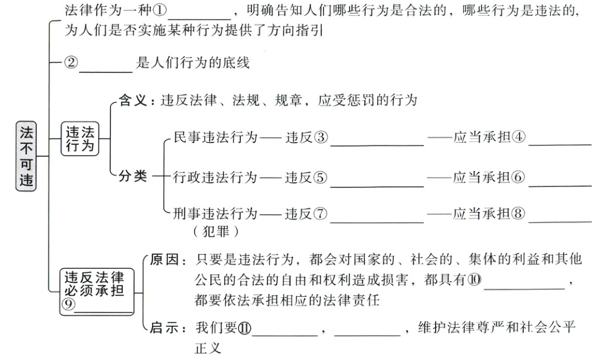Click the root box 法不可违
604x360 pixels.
tap(27, 157)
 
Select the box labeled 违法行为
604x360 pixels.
tap(80, 139)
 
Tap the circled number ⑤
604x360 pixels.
tap(320, 177)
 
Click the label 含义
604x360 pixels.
tap(131, 100)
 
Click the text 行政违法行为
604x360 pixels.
tap(216, 177)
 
